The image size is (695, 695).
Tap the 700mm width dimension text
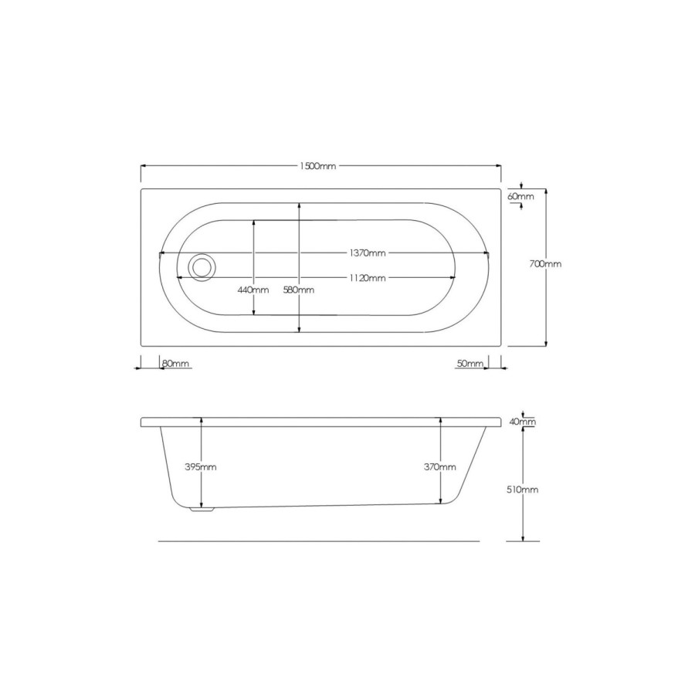pyautogui.click(x=545, y=264)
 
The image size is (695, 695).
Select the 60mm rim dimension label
pyautogui.click(x=520, y=197)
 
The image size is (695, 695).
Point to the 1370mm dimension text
pyautogui.click(x=367, y=253)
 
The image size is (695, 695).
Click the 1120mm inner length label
pyautogui.click(x=367, y=277)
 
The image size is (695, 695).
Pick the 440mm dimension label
pyautogui.click(x=253, y=290)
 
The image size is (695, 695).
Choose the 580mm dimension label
pyautogui.click(x=300, y=290)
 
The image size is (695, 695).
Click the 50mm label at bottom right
pyautogui.click(x=470, y=363)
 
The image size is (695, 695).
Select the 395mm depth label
pyautogui.click(x=202, y=467)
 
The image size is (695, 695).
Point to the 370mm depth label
pyautogui.click(x=440, y=467)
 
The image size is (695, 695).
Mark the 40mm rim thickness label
pyautogui.click(x=524, y=422)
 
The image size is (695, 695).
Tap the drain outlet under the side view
pyautogui.click(x=203, y=510)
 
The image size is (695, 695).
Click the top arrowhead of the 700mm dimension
pyautogui.click(x=547, y=190)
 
